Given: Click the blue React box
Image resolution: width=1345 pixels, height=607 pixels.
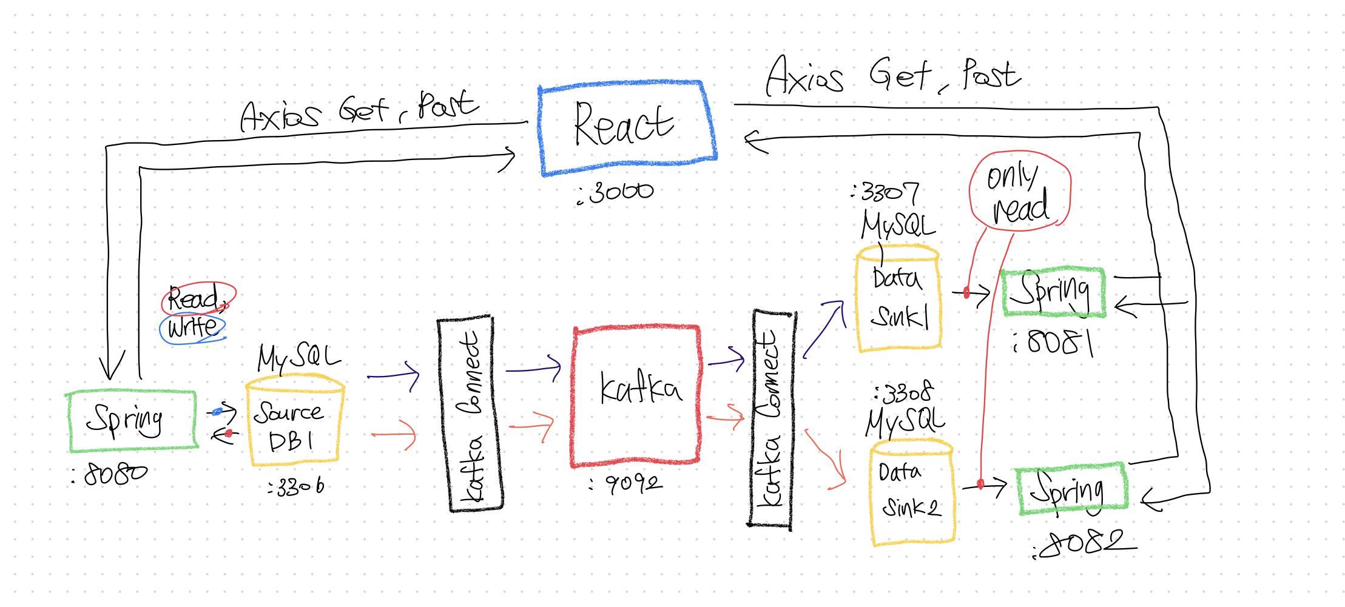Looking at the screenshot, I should click(628, 127).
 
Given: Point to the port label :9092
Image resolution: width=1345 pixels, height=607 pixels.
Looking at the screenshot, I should click(626, 483).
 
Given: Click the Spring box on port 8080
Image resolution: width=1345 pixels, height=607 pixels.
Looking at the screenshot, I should click(132, 421).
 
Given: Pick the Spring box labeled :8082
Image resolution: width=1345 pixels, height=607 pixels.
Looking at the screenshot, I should click(1071, 489).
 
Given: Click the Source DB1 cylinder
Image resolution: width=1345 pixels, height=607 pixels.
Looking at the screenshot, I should click(294, 423).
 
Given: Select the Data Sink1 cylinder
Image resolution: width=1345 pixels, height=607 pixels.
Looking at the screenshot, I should click(898, 298).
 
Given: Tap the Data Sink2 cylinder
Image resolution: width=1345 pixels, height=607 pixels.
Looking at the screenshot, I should click(911, 491).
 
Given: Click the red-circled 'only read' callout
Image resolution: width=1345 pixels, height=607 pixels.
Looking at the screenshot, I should click(1020, 191).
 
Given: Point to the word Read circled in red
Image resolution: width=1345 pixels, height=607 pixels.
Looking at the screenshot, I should click(197, 298).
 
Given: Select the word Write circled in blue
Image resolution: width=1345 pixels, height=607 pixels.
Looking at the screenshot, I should click(192, 328).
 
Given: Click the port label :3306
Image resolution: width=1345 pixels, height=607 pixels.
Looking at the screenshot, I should click(297, 486).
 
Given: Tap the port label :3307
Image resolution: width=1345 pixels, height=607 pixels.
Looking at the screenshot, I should click(885, 193).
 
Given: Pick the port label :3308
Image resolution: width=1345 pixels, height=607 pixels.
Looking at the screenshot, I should click(903, 394).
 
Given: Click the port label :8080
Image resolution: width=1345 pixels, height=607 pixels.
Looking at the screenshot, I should click(110, 474).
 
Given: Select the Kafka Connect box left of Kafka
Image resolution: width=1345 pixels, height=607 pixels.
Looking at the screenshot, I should click(470, 414).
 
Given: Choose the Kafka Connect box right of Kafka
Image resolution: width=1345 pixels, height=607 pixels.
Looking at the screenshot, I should click(771, 418).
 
